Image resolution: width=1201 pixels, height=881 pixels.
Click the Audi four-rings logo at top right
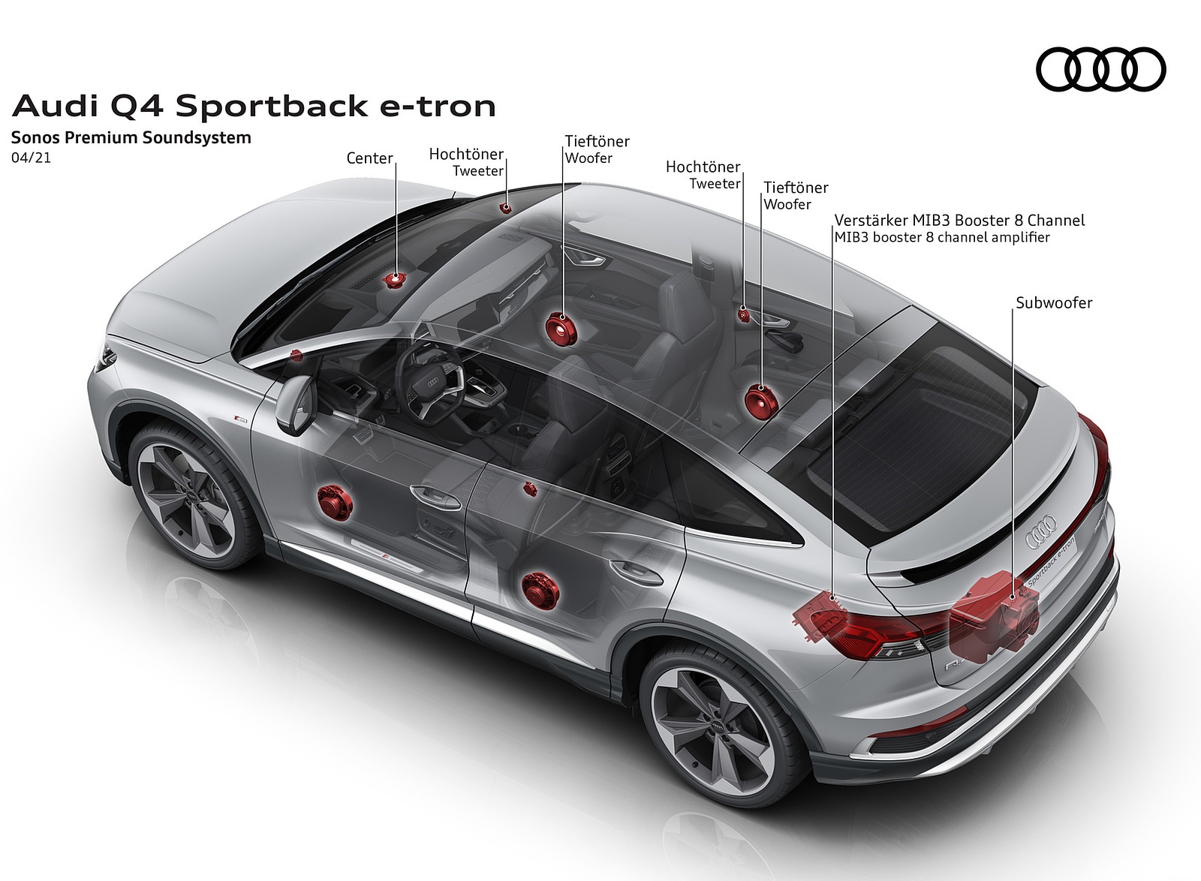click(1100, 69)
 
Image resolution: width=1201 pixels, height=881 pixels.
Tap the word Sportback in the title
click(272, 107)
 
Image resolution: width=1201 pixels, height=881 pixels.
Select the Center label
click(369, 158)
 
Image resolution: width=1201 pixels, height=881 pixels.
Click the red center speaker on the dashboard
click(395, 280)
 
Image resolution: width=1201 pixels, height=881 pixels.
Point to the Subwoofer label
click(1054, 303)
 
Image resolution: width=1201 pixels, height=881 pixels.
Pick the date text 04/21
click(32, 158)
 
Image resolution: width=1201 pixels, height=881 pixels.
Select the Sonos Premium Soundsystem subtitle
click(131, 138)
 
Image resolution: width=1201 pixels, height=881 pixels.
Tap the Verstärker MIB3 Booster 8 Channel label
click(959, 221)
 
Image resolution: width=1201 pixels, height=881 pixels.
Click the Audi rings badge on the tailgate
click(1041, 530)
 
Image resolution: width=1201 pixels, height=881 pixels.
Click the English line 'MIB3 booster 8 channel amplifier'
click(942, 238)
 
